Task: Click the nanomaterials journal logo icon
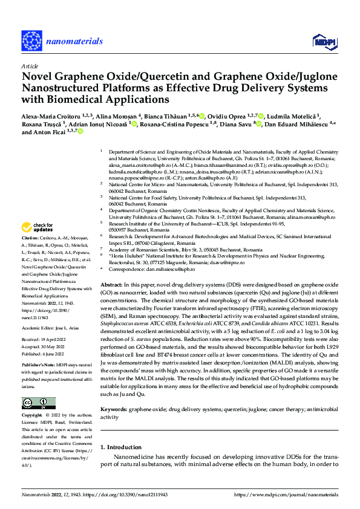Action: click(x=32, y=41)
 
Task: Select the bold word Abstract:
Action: click(x=113, y=284)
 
